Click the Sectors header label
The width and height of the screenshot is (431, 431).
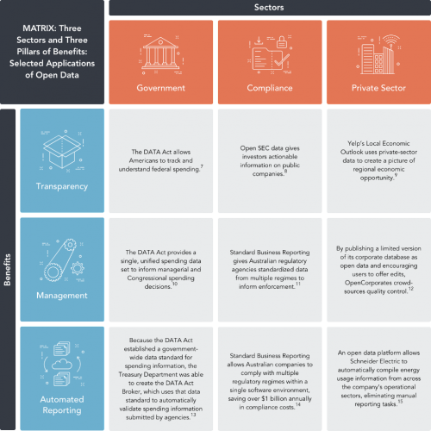(x=269, y=8)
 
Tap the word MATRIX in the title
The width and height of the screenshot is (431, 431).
(x=37, y=28)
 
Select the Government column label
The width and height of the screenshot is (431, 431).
(x=161, y=88)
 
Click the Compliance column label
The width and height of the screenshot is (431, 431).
(x=270, y=88)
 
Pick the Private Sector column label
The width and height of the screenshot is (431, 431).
(x=378, y=88)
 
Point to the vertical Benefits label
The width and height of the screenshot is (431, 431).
(x=8, y=270)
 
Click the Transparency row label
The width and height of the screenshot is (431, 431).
(x=62, y=186)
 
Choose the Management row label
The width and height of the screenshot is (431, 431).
(x=62, y=296)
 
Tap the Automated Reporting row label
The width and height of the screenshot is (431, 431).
(x=62, y=405)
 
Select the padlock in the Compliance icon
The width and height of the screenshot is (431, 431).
(x=282, y=42)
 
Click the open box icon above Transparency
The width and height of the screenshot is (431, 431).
(x=62, y=152)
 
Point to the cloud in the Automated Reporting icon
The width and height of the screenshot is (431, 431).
(x=62, y=365)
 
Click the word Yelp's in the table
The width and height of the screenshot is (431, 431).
(x=355, y=143)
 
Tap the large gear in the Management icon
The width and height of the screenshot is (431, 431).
(x=53, y=272)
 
